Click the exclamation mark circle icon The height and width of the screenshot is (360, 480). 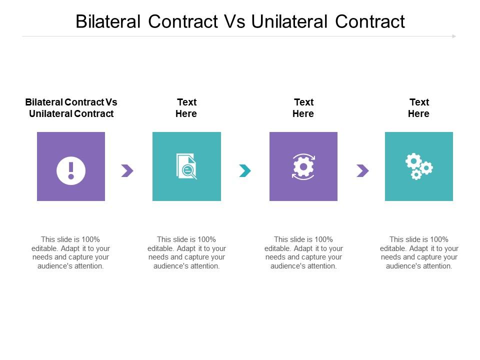pyautogui.click(x=71, y=170)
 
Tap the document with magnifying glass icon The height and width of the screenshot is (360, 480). pyautogui.click(x=186, y=166)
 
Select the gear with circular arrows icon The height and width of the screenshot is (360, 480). pyautogui.click(x=303, y=166)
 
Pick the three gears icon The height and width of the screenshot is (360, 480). pyautogui.click(x=419, y=166)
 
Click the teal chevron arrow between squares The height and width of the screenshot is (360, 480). pyautogui.click(x=245, y=170)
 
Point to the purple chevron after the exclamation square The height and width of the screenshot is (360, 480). pyautogui.click(x=127, y=170)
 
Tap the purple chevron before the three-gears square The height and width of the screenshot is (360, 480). pyautogui.click(x=363, y=170)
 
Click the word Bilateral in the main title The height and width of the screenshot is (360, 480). pyautogui.click(x=108, y=21)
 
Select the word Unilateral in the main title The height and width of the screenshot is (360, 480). pyautogui.click(x=289, y=21)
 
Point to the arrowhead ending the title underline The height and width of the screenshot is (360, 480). pyautogui.click(x=454, y=36)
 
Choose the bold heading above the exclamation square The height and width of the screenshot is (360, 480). pyautogui.click(x=71, y=108)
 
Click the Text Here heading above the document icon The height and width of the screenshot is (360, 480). pyautogui.click(x=186, y=108)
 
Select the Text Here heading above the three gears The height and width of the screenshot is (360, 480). pyautogui.click(x=419, y=108)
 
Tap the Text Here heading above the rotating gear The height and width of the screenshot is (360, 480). pyautogui.click(x=303, y=108)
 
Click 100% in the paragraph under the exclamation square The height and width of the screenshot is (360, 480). pyautogui.click(x=90, y=239)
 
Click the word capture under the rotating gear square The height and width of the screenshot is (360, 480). pyautogui.click(x=314, y=257)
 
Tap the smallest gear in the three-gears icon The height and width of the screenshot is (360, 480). pyautogui.click(x=416, y=175)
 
